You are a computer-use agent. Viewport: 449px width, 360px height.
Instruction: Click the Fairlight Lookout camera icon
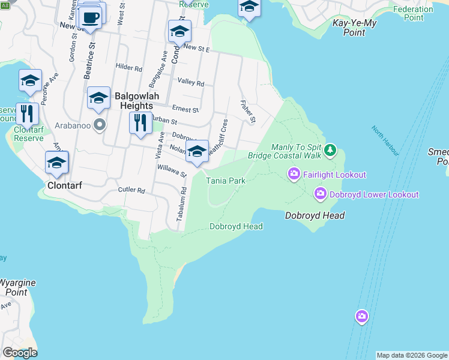tap(294, 175)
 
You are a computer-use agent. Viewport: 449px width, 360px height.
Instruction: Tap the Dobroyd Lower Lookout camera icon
tap(321, 194)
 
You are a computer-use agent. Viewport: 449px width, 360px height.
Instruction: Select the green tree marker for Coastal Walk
tap(330, 149)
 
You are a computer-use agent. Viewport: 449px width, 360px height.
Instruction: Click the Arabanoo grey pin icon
tap(100, 125)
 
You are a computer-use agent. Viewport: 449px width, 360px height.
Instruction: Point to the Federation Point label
tap(414, 13)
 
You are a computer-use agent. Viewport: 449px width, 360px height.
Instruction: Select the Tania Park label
tap(226, 180)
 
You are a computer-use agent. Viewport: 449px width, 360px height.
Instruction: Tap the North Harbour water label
tap(384, 139)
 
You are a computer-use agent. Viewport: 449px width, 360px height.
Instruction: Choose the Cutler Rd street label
tap(132, 190)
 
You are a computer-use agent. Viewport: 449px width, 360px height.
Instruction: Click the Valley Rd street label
tap(191, 83)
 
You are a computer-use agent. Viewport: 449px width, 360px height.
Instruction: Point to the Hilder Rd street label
tap(128, 68)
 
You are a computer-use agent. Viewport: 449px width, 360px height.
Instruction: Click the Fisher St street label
tap(248, 112)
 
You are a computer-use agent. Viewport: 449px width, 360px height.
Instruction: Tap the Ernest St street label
tap(185, 110)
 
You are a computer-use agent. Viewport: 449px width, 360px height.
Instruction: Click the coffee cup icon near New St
tap(91, 17)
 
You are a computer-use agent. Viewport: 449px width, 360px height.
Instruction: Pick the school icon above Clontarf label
tap(57, 162)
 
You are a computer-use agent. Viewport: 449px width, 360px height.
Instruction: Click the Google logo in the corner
tap(20, 353)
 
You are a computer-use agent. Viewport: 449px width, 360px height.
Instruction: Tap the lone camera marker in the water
tap(361, 316)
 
